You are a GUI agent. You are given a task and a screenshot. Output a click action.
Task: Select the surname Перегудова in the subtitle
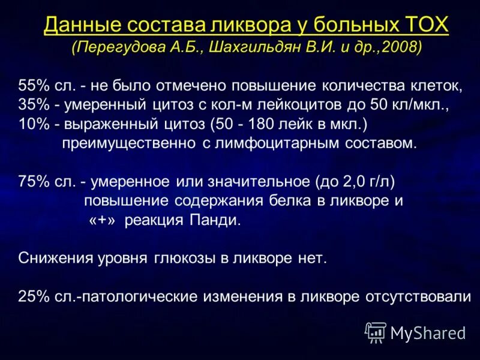tap(116, 47)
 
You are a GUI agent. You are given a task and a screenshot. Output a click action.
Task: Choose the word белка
tap(290, 200)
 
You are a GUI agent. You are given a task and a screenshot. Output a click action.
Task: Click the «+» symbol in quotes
tap(103, 220)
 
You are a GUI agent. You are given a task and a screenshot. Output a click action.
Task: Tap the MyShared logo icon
tap(376, 332)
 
